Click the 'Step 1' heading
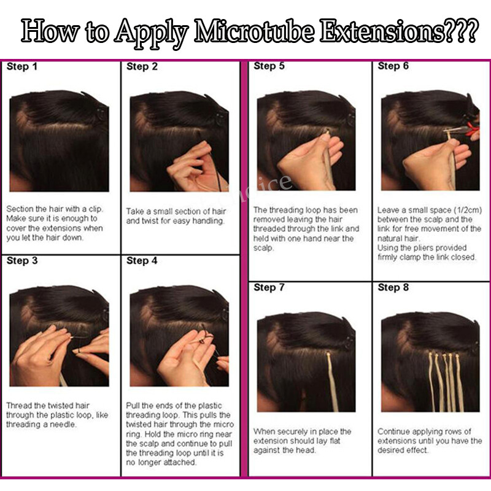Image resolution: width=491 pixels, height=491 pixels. pyautogui.click(x=22, y=66)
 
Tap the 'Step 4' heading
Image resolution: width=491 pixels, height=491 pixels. pyautogui.click(x=142, y=260)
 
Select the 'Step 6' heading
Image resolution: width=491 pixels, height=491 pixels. pyautogui.click(x=393, y=66)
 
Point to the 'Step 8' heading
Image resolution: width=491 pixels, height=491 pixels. pyautogui.click(x=393, y=287)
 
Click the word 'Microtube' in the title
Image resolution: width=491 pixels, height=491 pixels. pyautogui.click(x=254, y=31)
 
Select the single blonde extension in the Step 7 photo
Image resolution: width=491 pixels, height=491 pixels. pyautogui.click(x=333, y=381)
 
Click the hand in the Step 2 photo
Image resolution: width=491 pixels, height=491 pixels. pyautogui.click(x=197, y=168)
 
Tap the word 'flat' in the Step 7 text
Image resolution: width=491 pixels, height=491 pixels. pyautogui.click(x=334, y=441)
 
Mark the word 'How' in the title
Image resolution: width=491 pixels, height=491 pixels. pyautogui.click(x=50, y=31)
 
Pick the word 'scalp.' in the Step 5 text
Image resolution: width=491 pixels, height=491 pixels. pyautogui.click(x=264, y=248)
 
